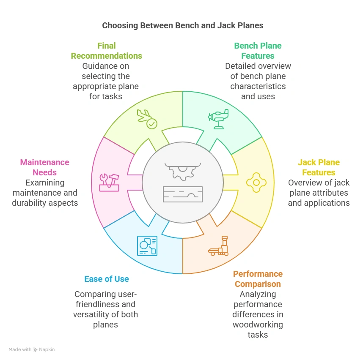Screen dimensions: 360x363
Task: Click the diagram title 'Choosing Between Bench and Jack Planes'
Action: click(x=182, y=25)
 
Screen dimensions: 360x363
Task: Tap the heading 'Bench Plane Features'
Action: click(x=258, y=51)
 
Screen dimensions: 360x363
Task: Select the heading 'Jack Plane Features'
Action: click(x=319, y=167)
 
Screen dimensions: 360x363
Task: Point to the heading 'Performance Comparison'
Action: click(x=258, y=279)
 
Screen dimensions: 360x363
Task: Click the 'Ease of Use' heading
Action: click(x=107, y=279)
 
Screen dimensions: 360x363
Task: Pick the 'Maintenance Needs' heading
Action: click(x=44, y=167)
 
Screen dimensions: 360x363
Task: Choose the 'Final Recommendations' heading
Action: click(x=107, y=51)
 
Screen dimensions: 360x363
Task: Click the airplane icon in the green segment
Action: click(x=218, y=119)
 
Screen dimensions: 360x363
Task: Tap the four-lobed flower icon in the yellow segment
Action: click(x=256, y=183)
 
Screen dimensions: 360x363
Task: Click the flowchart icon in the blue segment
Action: click(x=147, y=246)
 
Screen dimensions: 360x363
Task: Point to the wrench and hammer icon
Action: click(x=109, y=183)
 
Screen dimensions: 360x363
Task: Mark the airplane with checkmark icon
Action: click(x=147, y=119)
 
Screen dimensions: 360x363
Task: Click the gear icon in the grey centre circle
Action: click(x=182, y=169)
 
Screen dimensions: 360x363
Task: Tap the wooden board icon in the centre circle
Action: click(x=182, y=194)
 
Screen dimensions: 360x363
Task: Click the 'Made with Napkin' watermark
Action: click(x=32, y=349)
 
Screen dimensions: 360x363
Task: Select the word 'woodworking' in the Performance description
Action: click(x=258, y=325)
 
